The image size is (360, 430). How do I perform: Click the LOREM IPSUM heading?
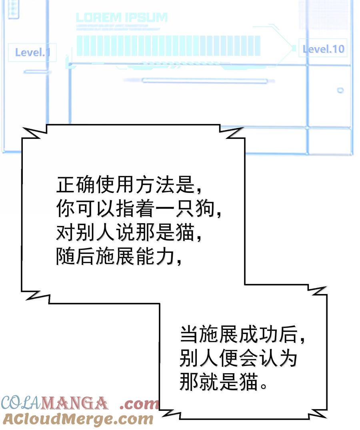[122, 18]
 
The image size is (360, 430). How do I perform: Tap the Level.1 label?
[32, 52]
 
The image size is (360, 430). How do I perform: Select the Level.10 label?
[323, 49]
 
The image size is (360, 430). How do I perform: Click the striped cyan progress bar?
[168, 46]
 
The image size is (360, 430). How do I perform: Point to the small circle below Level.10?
[340, 90]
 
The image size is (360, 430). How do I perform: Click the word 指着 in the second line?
[134, 209]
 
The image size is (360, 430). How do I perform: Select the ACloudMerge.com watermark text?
[78, 419]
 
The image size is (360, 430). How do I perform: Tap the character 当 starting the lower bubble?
[190, 334]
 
